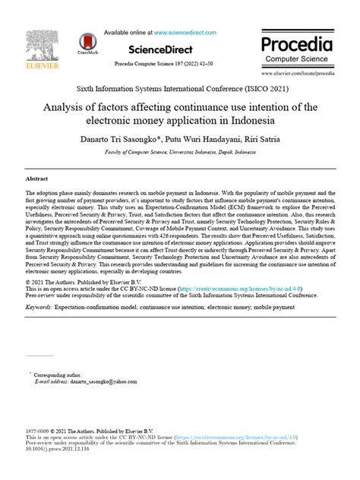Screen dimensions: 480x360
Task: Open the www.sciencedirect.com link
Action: pyautogui.click(x=185, y=33)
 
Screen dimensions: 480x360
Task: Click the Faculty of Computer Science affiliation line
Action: pyautogui.click(x=180, y=152)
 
